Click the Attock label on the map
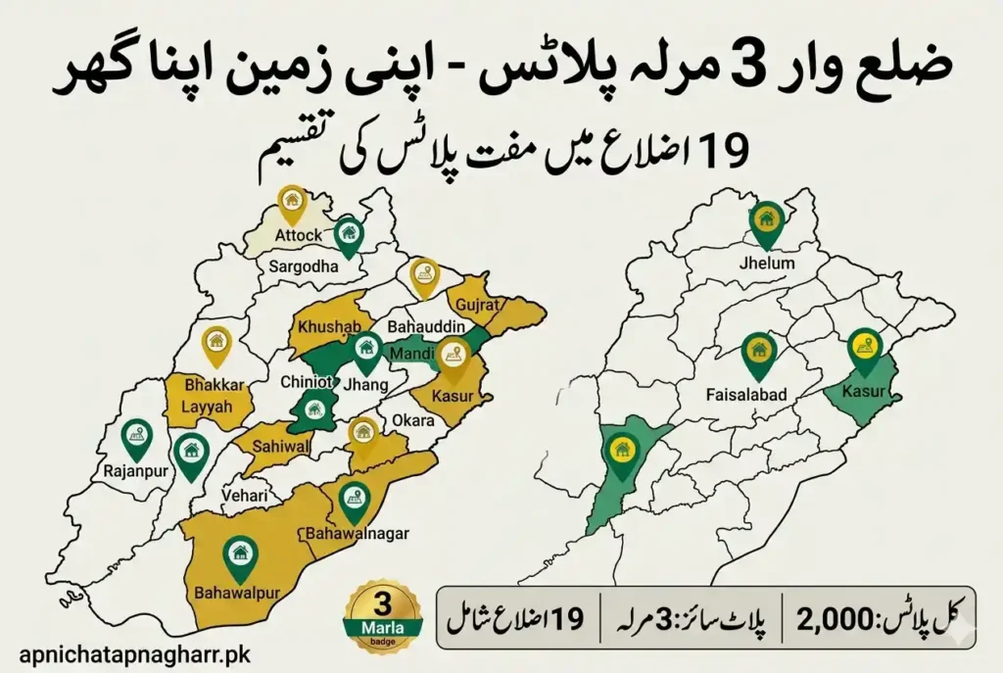pyautogui.click(x=298, y=235)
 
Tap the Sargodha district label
pyautogui.click(x=303, y=266)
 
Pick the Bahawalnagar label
pyautogui.click(x=358, y=534)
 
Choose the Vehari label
pyautogui.click(x=245, y=497)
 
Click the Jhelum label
pyautogui.click(x=767, y=264)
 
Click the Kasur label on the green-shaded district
pyautogui.click(x=863, y=391)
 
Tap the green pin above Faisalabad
pyautogui.click(x=756, y=355)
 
